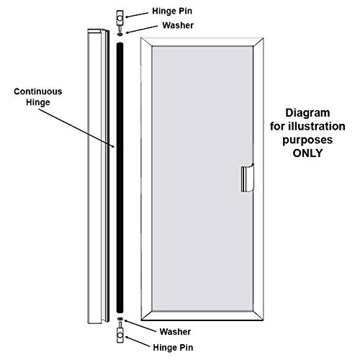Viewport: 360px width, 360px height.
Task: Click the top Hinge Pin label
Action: coord(172,12)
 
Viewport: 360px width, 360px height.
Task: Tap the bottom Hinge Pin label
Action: coord(173,348)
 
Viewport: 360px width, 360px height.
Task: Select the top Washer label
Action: coord(178,25)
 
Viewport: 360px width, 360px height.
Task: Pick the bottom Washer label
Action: coord(175,332)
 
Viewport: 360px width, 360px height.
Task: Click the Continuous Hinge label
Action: coord(38,96)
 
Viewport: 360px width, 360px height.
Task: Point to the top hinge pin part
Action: coord(120,19)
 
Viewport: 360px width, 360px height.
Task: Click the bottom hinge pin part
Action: coord(120,333)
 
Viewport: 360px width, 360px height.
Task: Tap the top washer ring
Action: coord(120,35)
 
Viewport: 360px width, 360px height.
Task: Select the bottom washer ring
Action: coord(120,319)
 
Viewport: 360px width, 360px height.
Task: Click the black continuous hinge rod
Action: coord(120,178)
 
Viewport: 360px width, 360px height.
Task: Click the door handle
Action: coord(248,178)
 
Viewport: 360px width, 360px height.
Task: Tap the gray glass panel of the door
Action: coord(202,179)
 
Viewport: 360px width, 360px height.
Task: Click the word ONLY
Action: coord(307,153)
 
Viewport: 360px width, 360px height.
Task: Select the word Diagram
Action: coord(307,113)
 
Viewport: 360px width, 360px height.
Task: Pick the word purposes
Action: coord(307,140)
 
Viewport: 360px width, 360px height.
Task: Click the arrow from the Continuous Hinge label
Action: coord(77,128)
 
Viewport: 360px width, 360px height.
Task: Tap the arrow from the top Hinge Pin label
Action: coord(137,15)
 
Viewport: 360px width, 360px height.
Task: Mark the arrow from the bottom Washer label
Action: coord(140,326)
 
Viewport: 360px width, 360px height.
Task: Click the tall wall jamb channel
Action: coord(99,176)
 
